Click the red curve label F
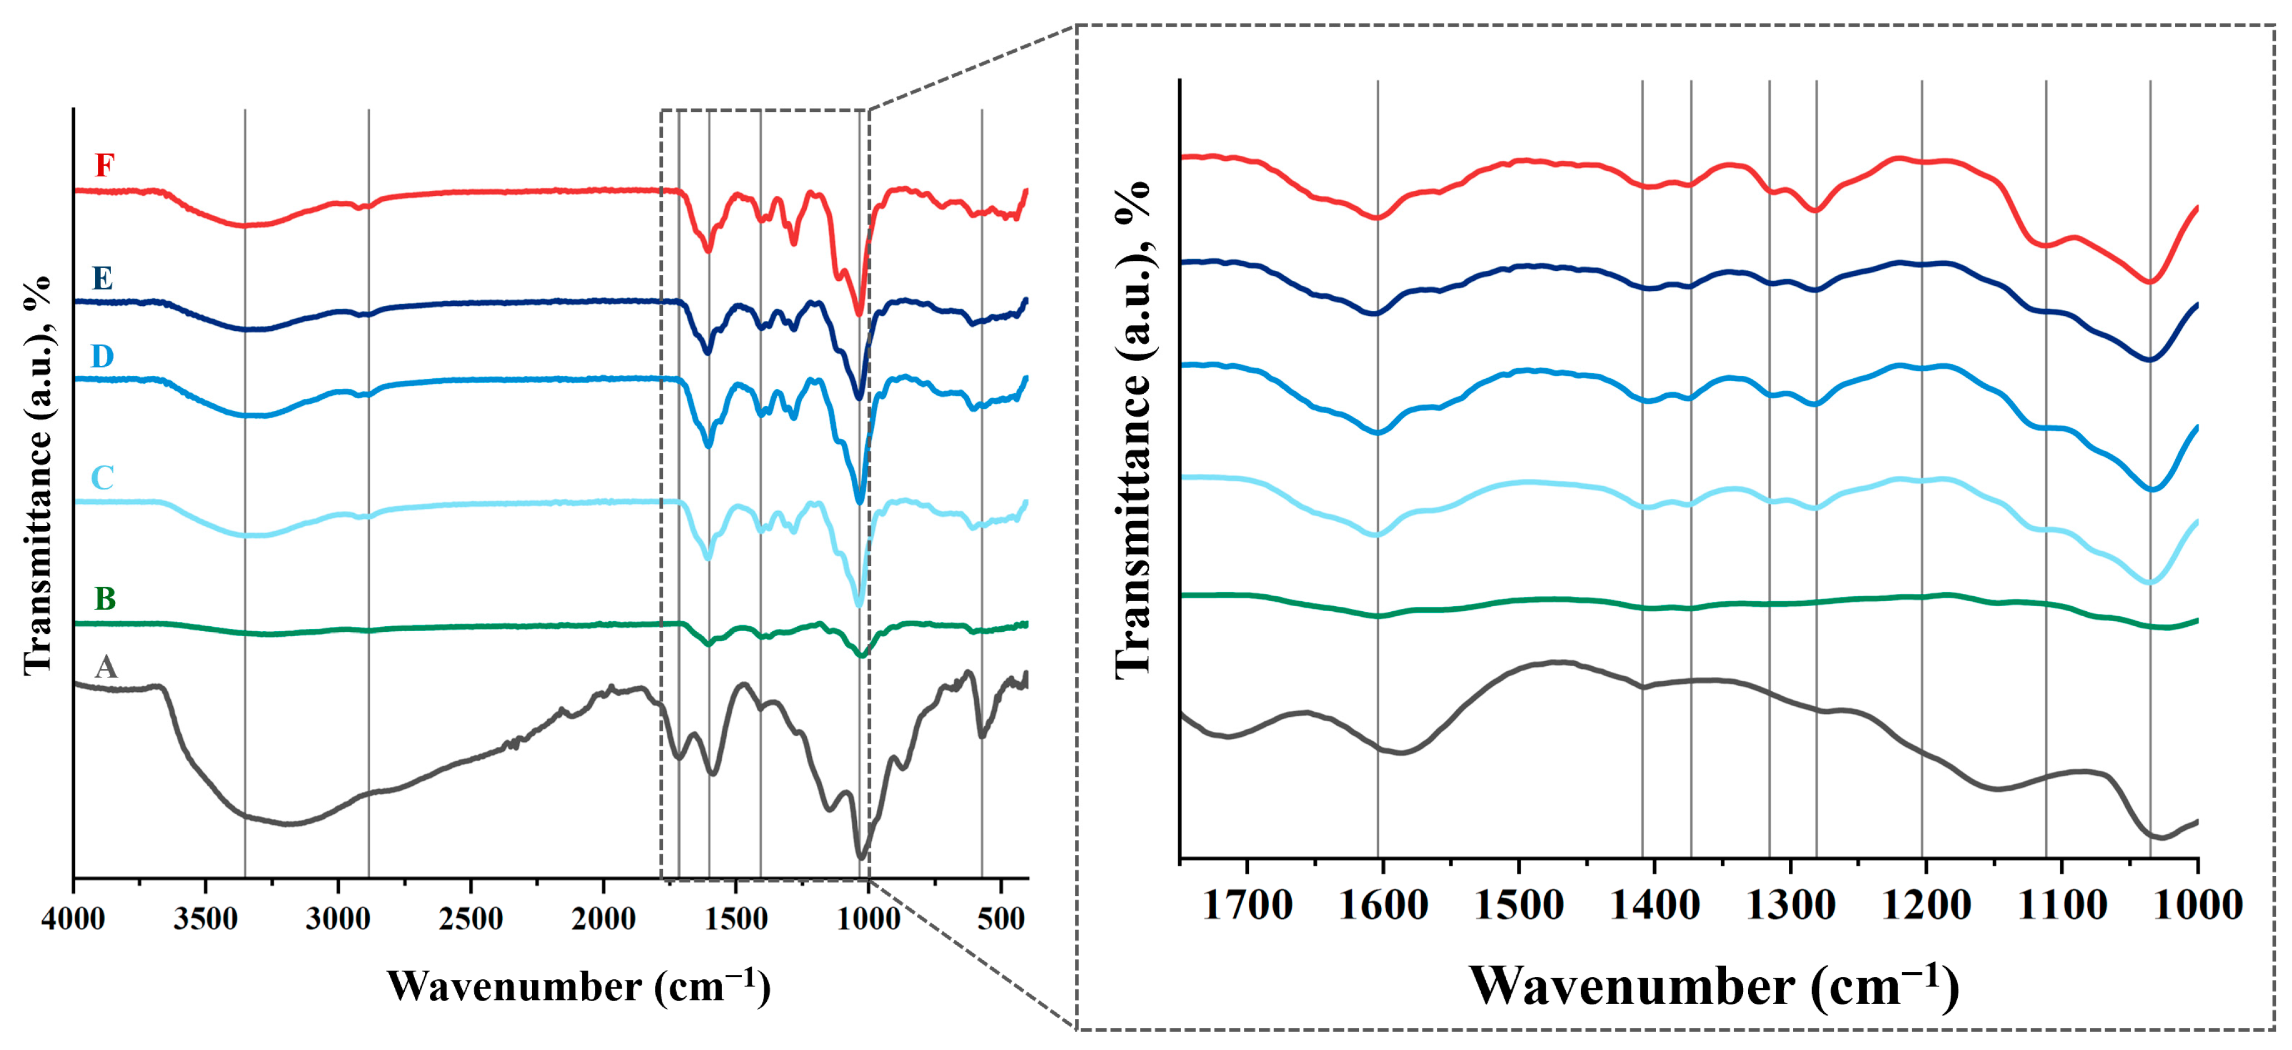(x=104, y=166)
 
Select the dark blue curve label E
(x=102, y=279)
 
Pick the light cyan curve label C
(x=102, y=478)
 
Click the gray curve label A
(x=106, y=666)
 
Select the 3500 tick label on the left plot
(x=206, y=918)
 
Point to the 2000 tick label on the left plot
(x=603, y=918)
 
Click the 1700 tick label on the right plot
(x=1247, y=906)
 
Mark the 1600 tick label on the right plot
(x=1383, y=906)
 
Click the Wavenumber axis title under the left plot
(x=578, y=987)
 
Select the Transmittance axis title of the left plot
(x=37, y=476)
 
